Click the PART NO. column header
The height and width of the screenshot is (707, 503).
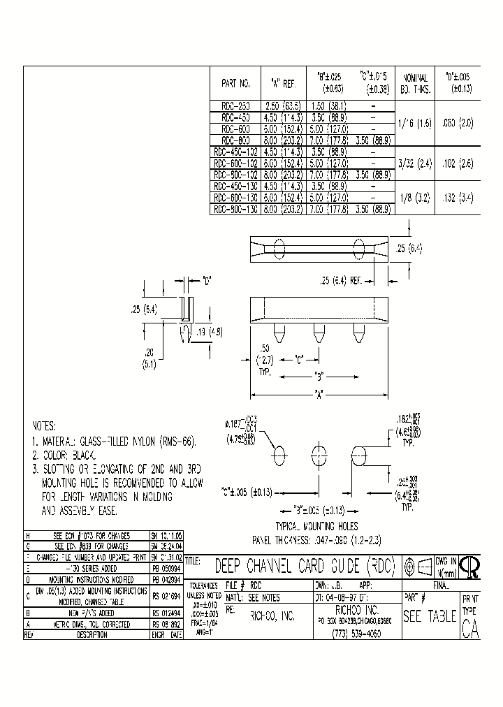coord(235,83)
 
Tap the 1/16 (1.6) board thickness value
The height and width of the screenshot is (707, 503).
coord(415,123)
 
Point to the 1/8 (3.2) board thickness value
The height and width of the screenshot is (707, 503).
coord(415,198)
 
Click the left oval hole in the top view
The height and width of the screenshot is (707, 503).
coord(279,249)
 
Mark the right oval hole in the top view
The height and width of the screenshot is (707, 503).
coord(359,249)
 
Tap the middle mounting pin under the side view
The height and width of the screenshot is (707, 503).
coord(319,333)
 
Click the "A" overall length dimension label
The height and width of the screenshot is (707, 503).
coord(319,393)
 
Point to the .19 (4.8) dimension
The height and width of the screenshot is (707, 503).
coord(210,332)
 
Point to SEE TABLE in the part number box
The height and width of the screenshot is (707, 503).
coord(430,616)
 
